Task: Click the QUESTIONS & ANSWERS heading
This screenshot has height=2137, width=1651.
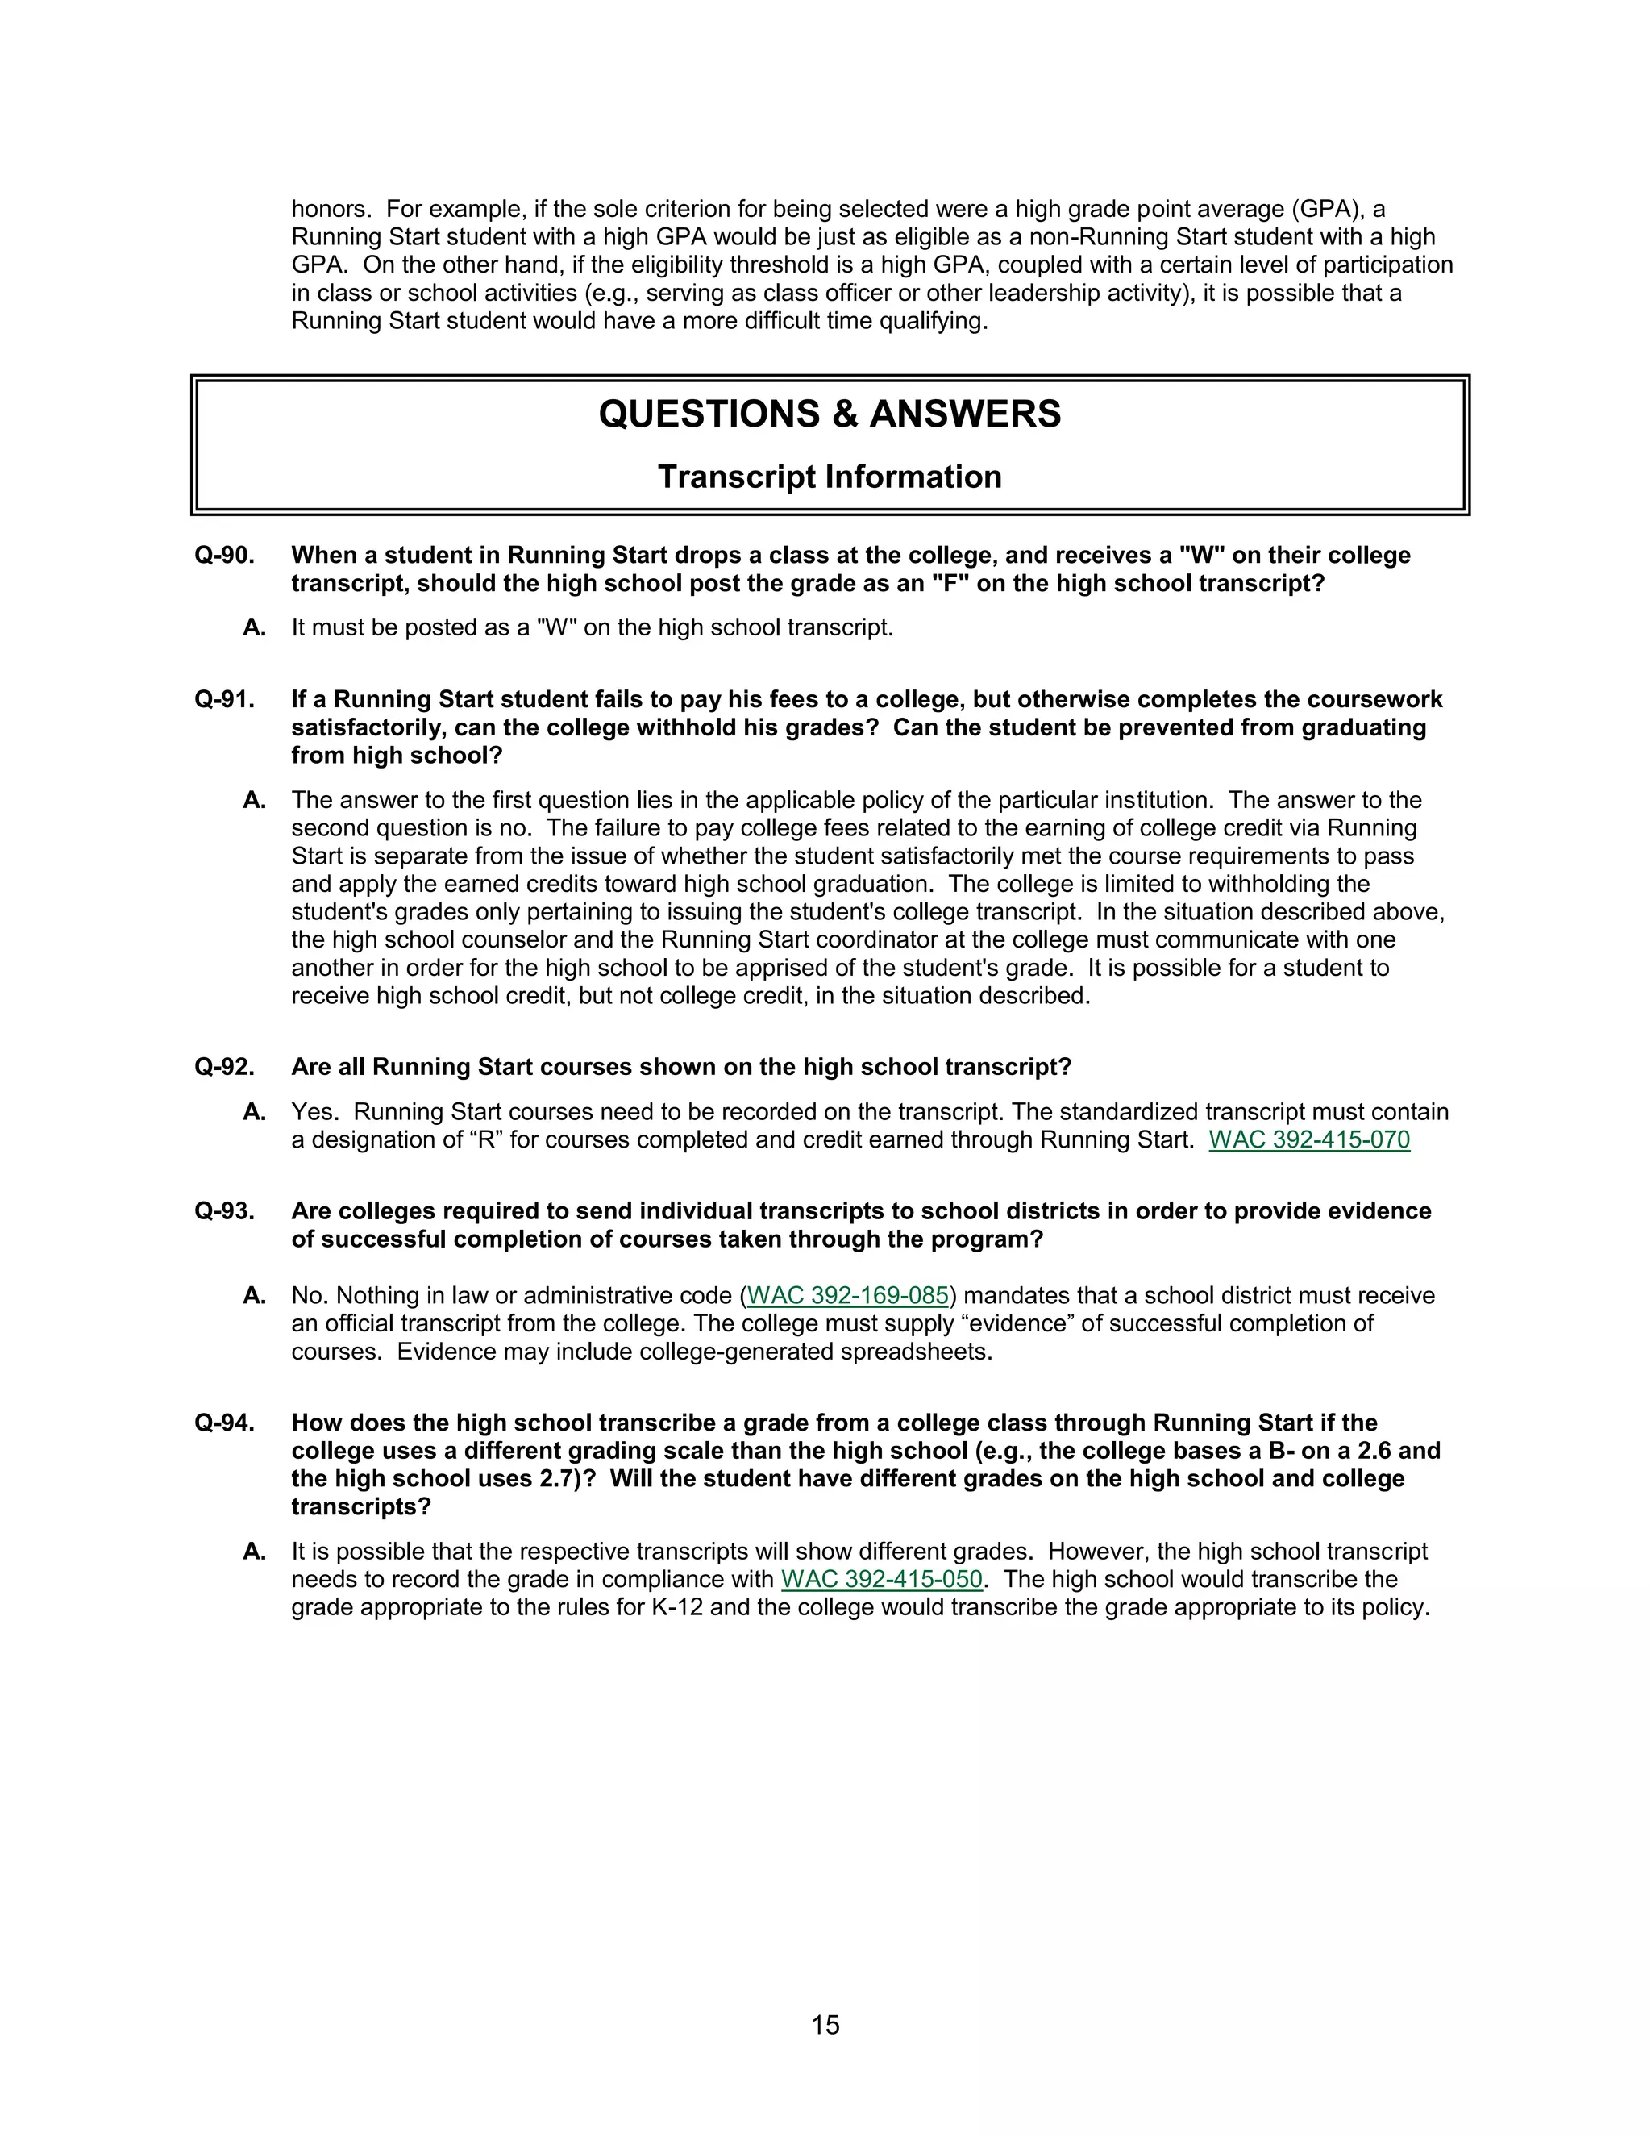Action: (x=830, y=414)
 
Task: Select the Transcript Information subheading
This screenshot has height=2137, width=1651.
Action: (x=830, y=477)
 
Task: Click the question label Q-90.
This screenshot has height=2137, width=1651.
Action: (x=224, y=555)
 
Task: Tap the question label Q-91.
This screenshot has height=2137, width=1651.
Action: (x=224, y=700)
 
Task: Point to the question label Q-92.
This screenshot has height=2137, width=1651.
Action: (x=224, y=1067)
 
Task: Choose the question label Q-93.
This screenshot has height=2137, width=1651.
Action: (x=224, y=1211)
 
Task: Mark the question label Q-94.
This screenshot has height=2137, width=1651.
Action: (x=224, y=1423)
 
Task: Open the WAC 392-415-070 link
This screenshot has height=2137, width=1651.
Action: (x=1308, y=1140)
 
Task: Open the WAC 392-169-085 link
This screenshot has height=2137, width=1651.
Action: (x=847, y=1296)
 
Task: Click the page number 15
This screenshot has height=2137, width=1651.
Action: (x=825, y=2024)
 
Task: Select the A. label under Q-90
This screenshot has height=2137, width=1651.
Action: (x=254, y=628)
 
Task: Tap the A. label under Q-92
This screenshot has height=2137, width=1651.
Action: (x=254, y=1113)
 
